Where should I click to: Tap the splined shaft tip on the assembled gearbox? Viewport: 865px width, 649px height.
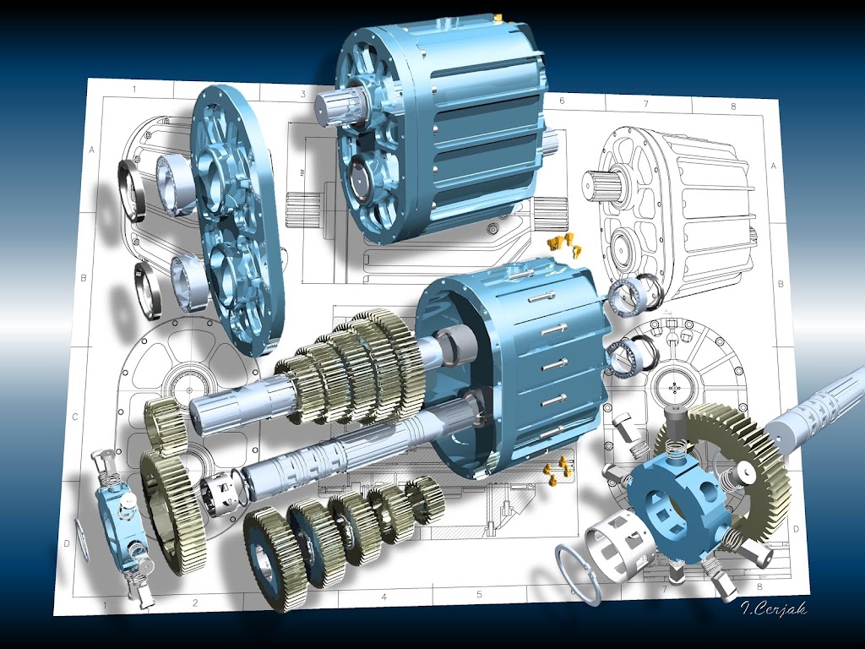coord(335,109)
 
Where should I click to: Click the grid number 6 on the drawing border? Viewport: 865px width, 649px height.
coord(560,101)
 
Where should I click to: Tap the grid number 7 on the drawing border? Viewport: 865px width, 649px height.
coord(645,104)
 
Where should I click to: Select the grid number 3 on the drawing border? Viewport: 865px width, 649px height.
coord(302,93)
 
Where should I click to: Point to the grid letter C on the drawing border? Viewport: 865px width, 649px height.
coord(75,417)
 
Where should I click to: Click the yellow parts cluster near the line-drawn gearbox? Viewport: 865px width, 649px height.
coord(563,243)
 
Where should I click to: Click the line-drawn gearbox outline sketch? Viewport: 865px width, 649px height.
coord(676,203)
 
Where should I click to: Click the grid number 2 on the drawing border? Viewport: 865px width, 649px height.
coord(194,603)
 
